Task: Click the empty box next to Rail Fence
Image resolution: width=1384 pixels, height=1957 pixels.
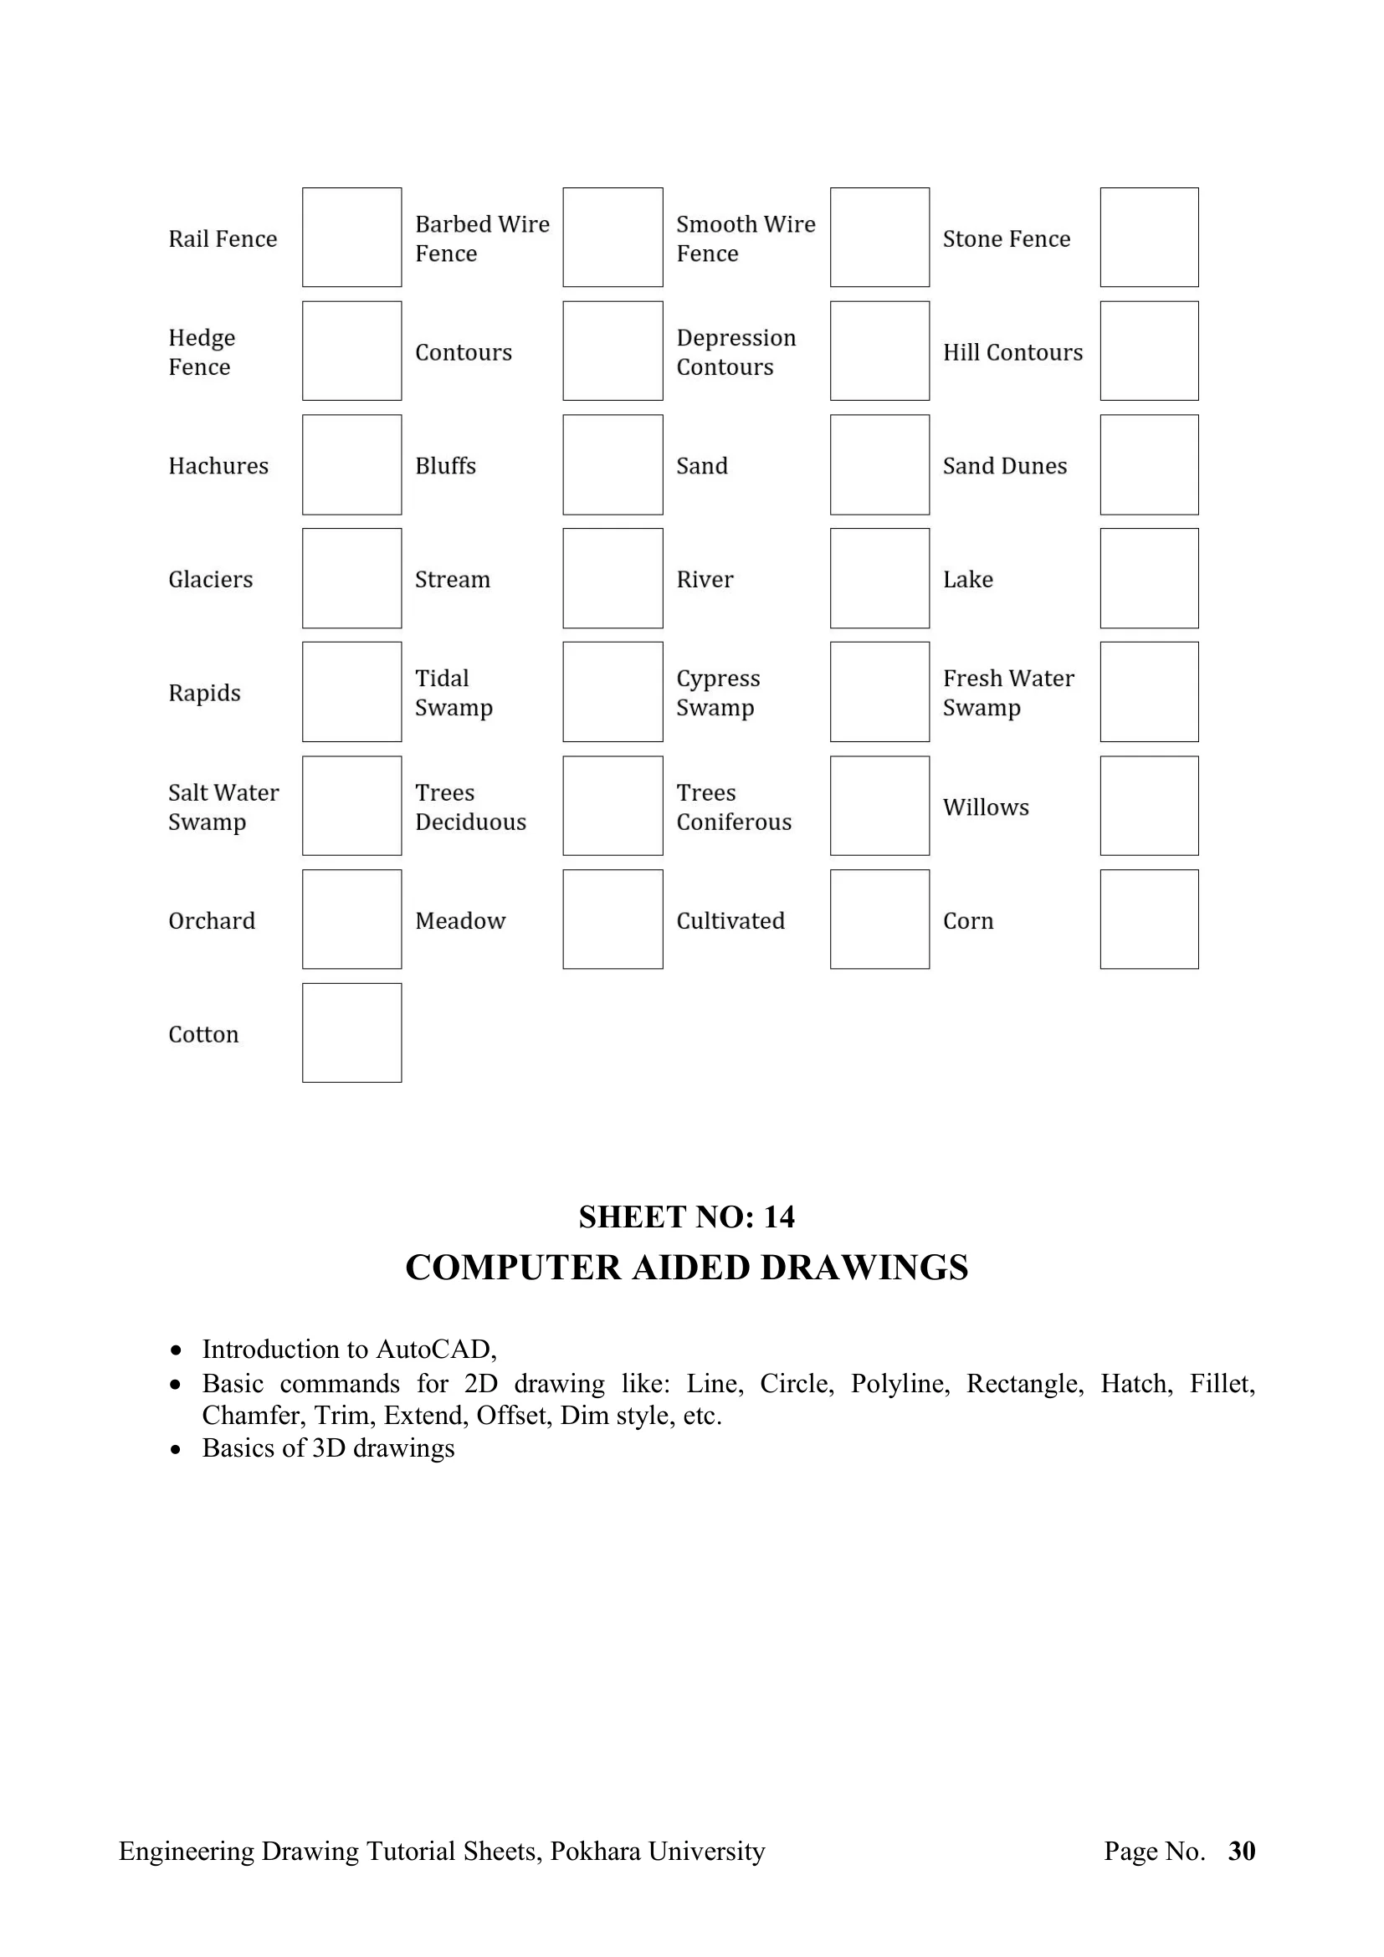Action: tap(351, 237)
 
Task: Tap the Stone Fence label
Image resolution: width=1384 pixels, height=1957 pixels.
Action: tap(1006, 238)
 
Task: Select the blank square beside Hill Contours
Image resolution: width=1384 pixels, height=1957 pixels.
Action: tap(1149, 351)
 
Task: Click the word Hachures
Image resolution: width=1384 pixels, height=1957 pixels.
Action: tap(218, 465)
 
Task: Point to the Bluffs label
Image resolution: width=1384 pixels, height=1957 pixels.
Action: tap(445, 465)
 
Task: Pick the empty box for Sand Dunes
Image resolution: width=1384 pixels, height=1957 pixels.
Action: tap(1149, 464)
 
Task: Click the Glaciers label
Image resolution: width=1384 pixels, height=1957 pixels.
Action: tap(211, 580)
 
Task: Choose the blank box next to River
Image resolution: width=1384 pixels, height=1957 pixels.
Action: tap(879, 578)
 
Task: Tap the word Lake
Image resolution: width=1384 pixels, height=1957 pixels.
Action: tap(967, 580)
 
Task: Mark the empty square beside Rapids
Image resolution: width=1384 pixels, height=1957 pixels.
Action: tap(351, 691)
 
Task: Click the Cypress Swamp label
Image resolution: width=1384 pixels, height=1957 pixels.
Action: tap(718, 692)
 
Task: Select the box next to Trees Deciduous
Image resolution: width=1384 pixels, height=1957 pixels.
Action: tap(613, 806)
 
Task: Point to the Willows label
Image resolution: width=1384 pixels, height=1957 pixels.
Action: tap(985, 807)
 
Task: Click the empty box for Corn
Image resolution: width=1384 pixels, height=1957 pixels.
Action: tap(1149, 919)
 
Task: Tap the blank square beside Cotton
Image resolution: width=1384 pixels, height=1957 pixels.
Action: tap(351, 1032)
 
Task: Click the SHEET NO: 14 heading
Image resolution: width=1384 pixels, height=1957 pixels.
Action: tap(686, 1217)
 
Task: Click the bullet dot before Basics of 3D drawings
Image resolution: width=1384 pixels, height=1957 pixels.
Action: tap(176, 1449)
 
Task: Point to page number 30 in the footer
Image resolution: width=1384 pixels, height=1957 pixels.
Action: tap(1242, 1851)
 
